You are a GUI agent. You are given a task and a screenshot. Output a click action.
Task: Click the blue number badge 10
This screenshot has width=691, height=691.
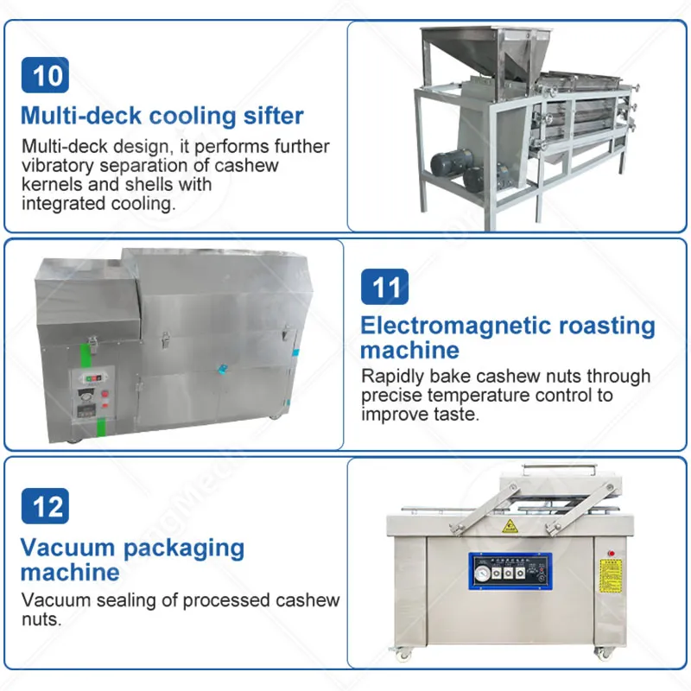point(45,75)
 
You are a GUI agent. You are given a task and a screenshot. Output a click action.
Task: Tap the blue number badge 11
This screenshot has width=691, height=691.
point(384,287)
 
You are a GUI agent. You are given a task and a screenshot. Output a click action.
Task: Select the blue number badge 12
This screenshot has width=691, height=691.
point(45,506)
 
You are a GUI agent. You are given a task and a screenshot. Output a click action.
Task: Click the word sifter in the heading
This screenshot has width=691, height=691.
point(274,116)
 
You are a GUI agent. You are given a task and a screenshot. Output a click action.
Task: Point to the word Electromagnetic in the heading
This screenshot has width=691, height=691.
point(456,326)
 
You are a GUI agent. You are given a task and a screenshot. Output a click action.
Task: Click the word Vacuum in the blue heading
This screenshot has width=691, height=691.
point(67,548)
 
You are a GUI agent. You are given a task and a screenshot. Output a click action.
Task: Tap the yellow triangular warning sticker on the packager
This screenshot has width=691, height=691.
point(509,526)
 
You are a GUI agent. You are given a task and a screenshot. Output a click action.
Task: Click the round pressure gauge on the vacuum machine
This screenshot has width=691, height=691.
point(483,574)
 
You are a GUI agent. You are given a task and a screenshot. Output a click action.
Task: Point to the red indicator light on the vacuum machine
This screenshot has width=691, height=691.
point(612,553)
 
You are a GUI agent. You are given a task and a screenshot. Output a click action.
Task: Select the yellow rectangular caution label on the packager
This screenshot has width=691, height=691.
point(611,576)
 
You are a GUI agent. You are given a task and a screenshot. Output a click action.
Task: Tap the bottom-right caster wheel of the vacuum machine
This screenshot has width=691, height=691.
point(600,653)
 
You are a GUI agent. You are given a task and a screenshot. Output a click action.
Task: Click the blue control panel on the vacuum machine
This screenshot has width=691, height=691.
point(510,572)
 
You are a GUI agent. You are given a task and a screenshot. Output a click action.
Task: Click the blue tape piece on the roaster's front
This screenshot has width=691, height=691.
point(223,369)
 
